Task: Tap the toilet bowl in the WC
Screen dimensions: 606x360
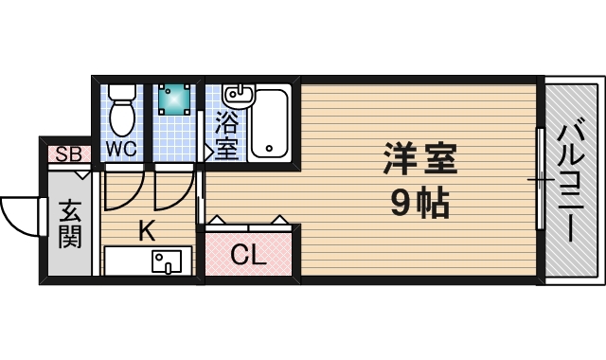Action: [x=121, y=117]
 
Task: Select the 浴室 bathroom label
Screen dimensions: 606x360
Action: [x=226, y=135]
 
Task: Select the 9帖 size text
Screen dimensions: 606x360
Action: [x=420, y=202]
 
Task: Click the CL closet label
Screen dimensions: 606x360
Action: [x=248, y=255]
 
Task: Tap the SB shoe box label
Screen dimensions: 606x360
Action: [x=67, y=154]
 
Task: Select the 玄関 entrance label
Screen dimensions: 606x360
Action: [x=69, y=224]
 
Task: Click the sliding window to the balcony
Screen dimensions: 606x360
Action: [x=540, y=180]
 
